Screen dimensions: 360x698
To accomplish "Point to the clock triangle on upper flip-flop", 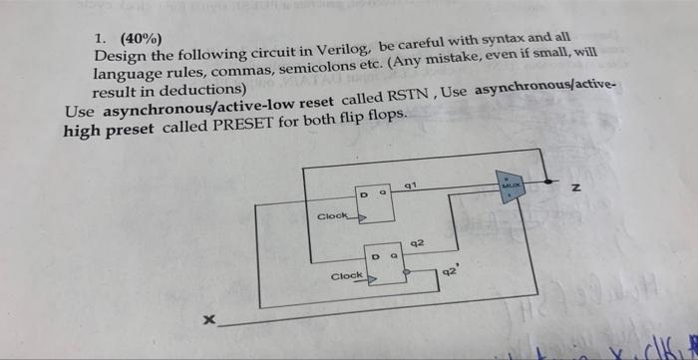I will [x=362, y=215].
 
